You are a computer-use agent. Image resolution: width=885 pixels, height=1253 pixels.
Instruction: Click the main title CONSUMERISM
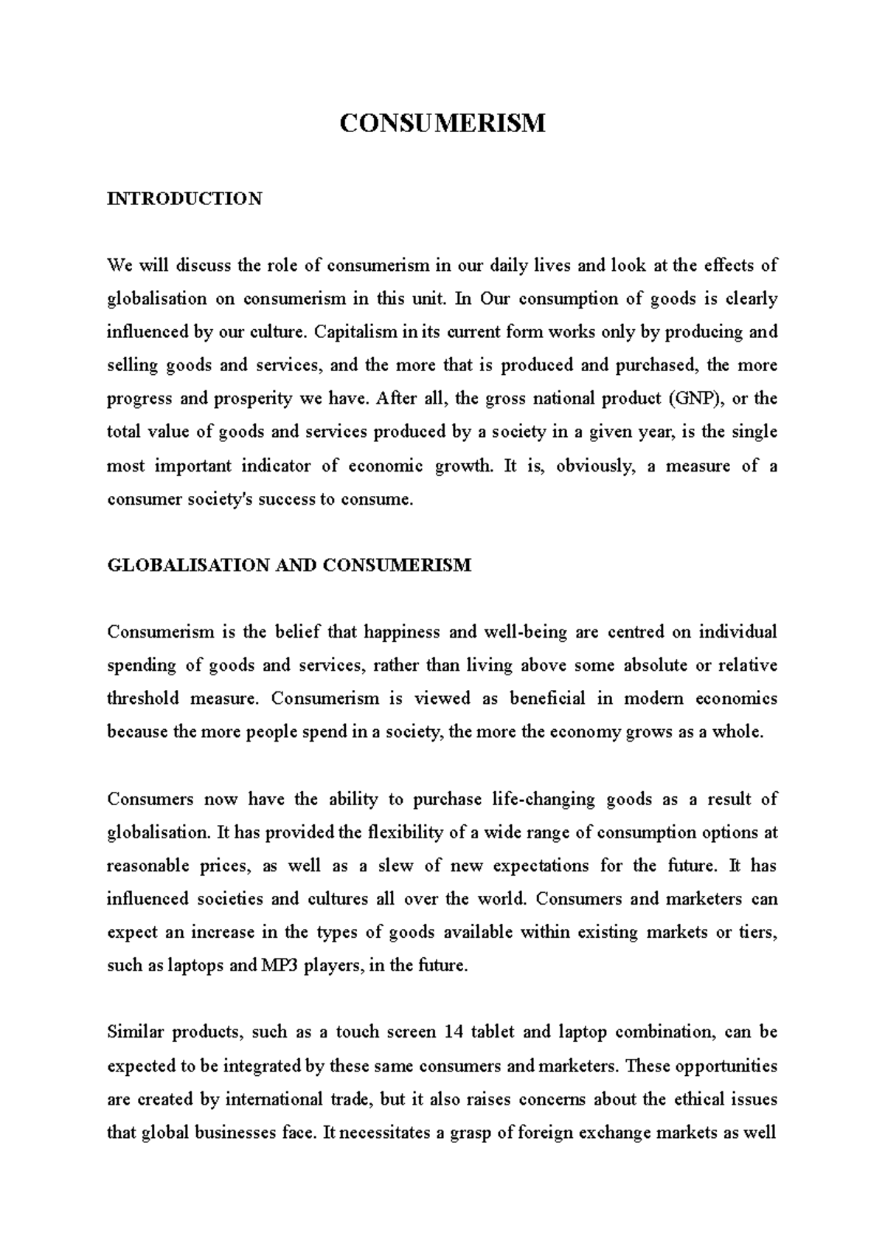[x=442, y=123]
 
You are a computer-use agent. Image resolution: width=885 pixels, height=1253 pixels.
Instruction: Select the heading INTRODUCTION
[x=184, y=199]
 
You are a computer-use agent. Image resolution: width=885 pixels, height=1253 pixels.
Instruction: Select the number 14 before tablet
[x=454, y=1032]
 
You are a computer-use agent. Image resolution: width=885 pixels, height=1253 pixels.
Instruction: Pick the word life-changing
[x=542, y=799]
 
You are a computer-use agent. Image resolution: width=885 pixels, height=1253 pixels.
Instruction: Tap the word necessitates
[x=384, y=1133]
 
